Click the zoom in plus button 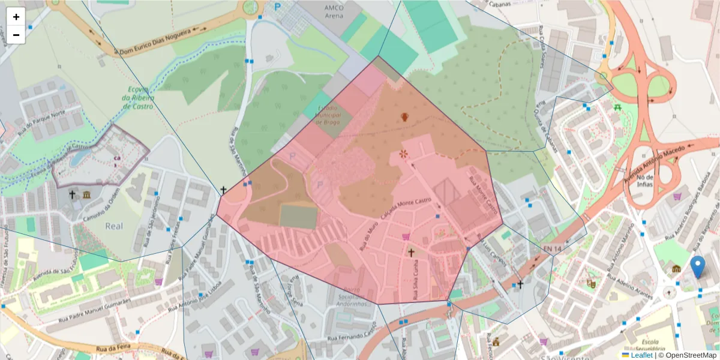(x=16, y=17)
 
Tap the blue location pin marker (x=697, y=266)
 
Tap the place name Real (x=114, y=226)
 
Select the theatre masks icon (x=591, y=282)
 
